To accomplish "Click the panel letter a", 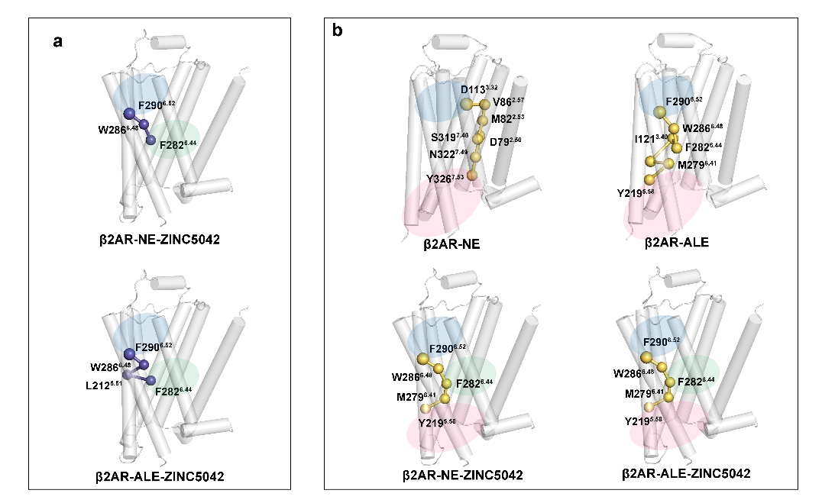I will (58, 42).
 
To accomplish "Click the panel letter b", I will (337, 31).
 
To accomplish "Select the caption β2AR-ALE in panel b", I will (677, 242).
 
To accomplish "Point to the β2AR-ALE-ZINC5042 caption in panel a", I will (160, 476).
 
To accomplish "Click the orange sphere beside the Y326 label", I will (471, 177).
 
